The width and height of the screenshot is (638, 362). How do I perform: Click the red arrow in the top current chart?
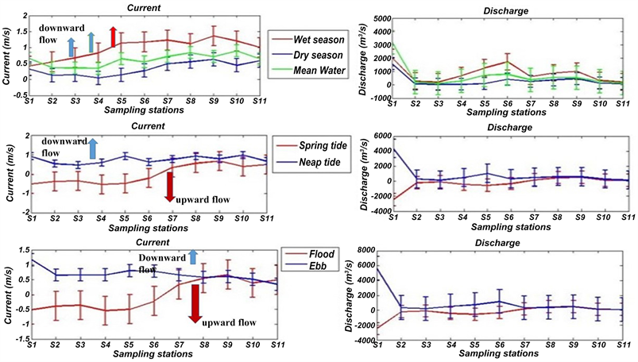114,36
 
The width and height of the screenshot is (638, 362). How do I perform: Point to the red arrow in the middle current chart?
169,186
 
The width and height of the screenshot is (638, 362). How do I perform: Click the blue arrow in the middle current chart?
92,148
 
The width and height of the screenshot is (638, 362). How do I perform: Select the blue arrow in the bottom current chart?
192,256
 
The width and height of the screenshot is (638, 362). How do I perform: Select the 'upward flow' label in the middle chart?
203,199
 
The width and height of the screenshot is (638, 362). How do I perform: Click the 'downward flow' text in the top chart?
57,33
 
